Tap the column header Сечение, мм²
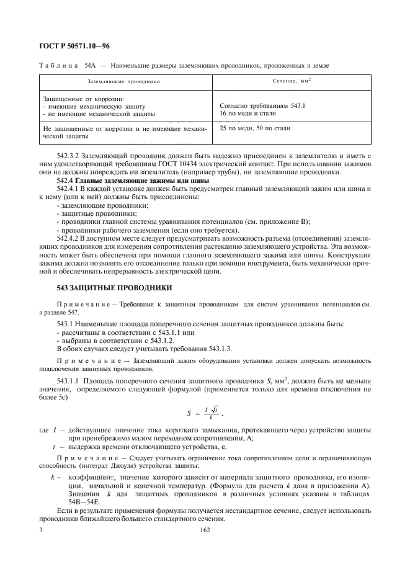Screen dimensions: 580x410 click(x=291, y=81)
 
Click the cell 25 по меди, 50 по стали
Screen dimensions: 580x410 click(x=255, y=128)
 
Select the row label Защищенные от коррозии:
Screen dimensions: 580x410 click(x=83, y=99)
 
